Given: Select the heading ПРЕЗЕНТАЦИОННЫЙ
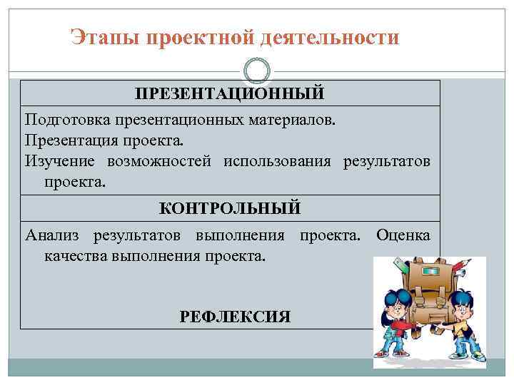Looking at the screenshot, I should tap(230, 93).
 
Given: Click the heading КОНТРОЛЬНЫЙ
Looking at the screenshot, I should tap(230, 208).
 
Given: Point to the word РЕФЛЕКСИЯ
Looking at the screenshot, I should tap(236, 317).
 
